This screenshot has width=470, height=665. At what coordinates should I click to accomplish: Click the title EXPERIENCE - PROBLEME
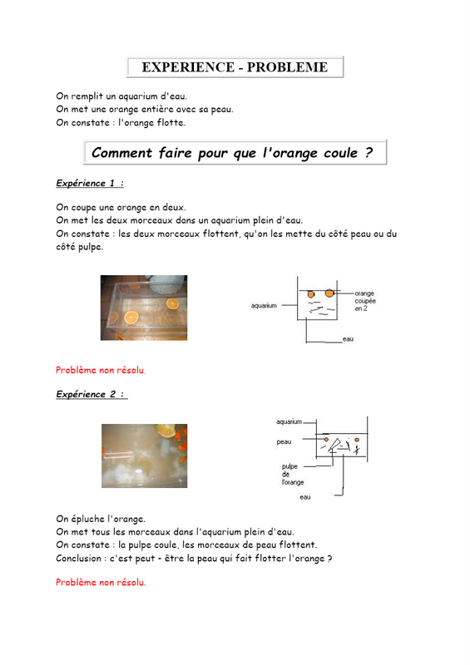click(x=235, y=67)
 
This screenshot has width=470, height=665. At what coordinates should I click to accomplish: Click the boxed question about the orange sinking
click(x=232, y=153)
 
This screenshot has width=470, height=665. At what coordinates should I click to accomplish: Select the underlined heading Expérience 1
click(x=90, y=183)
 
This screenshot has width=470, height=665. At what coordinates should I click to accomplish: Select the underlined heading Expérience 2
click(x=92, y=394)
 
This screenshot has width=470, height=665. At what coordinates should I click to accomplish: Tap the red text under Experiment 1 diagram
click(x=101, y=370)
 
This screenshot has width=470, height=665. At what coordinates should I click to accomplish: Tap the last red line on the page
click(x=101, y=583)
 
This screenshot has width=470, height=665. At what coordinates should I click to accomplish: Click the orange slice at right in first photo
click(x=172, y=303)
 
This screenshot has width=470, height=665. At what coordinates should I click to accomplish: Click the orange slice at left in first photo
click(x=131, y=317)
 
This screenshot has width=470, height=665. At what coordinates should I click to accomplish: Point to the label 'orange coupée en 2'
click(x=365, y=301)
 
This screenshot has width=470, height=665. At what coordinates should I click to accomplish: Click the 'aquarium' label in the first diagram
click(x=264, y=305)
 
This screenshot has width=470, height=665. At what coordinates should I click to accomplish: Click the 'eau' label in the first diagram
click(x=349, y=339)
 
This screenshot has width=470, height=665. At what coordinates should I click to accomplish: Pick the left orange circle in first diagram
click(x=311, y=294)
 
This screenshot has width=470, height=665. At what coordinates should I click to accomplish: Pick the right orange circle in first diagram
click(x=329, y=293)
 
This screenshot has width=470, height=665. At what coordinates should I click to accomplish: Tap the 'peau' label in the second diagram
click(x=284, y=442)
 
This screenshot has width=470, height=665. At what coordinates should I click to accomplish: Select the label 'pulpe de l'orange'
click(x=293, y=474)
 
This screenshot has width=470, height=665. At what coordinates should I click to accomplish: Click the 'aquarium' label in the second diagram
click(x=289, y=421)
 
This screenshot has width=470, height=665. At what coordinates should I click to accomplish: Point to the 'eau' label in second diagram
click(x=305, y=497)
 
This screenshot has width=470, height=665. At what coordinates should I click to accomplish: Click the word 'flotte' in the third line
click(x=171, y=122)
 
